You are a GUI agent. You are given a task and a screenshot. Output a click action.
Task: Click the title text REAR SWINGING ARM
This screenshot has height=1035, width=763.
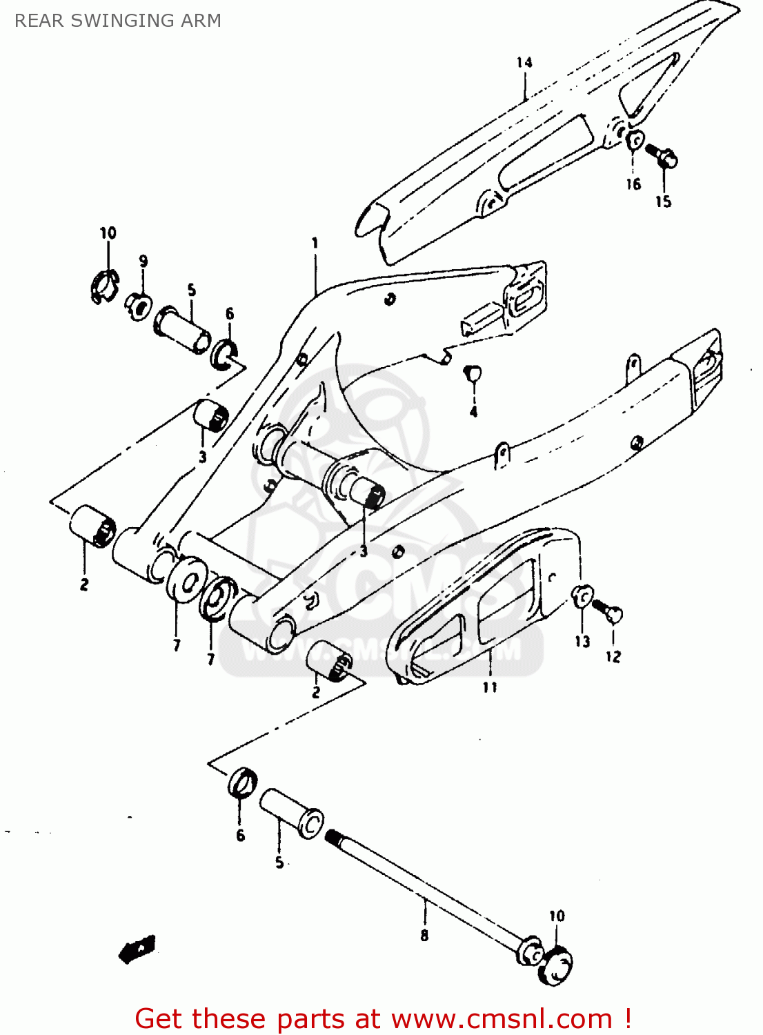point(118,21)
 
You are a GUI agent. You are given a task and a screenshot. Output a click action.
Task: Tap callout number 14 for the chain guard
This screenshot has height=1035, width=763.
point(524,63)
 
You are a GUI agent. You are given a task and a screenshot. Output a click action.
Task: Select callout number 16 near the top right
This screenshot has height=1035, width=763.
point(633,184)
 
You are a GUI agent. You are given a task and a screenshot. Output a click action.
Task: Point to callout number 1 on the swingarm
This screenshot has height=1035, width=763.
point(315,243)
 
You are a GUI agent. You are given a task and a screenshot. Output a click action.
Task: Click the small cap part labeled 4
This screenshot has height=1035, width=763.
point(473,373)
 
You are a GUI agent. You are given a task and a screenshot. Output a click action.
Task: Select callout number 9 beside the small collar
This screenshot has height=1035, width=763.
point(143,261)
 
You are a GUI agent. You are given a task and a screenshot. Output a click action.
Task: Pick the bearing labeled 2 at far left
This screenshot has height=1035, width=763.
point(92,526)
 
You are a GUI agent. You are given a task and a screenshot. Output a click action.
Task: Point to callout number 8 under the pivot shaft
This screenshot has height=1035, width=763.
point(424,936)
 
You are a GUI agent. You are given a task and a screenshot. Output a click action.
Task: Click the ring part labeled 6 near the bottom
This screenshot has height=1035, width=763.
point(242,782)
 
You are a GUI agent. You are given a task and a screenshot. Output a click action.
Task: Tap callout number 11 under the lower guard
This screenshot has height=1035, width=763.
point(490,687)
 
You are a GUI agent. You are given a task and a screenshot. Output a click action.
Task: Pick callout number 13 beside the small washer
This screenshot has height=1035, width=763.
point(583,642)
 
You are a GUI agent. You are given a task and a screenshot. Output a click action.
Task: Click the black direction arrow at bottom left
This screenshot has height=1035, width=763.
point(138,949)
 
